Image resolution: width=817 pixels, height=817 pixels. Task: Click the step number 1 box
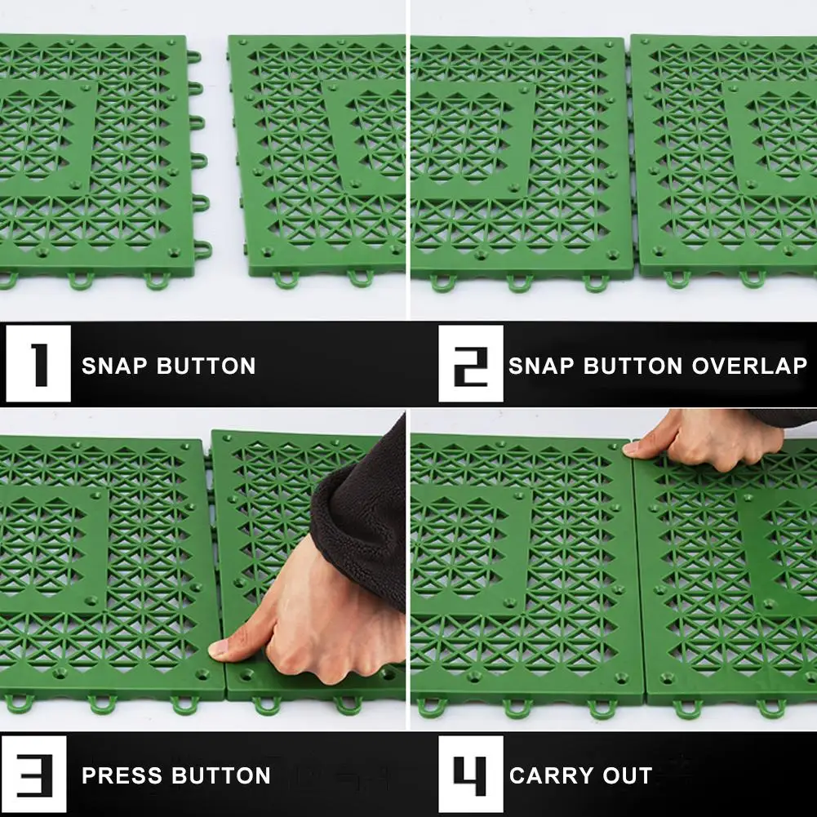38,364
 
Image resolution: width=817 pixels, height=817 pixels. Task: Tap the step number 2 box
470,364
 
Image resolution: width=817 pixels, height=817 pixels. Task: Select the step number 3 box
34,775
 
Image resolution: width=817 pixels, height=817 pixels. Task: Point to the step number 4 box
470,775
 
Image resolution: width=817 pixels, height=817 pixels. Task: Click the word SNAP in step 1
114,366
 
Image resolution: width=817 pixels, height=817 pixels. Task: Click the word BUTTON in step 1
206,366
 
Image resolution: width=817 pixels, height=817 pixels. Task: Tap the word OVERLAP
749,366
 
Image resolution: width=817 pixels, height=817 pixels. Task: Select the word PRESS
122,776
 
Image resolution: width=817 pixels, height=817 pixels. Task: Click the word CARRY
552,776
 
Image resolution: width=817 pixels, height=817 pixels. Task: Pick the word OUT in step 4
628,776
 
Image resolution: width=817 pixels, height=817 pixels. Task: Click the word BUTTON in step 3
221,776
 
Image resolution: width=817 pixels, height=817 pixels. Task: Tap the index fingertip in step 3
217,649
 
